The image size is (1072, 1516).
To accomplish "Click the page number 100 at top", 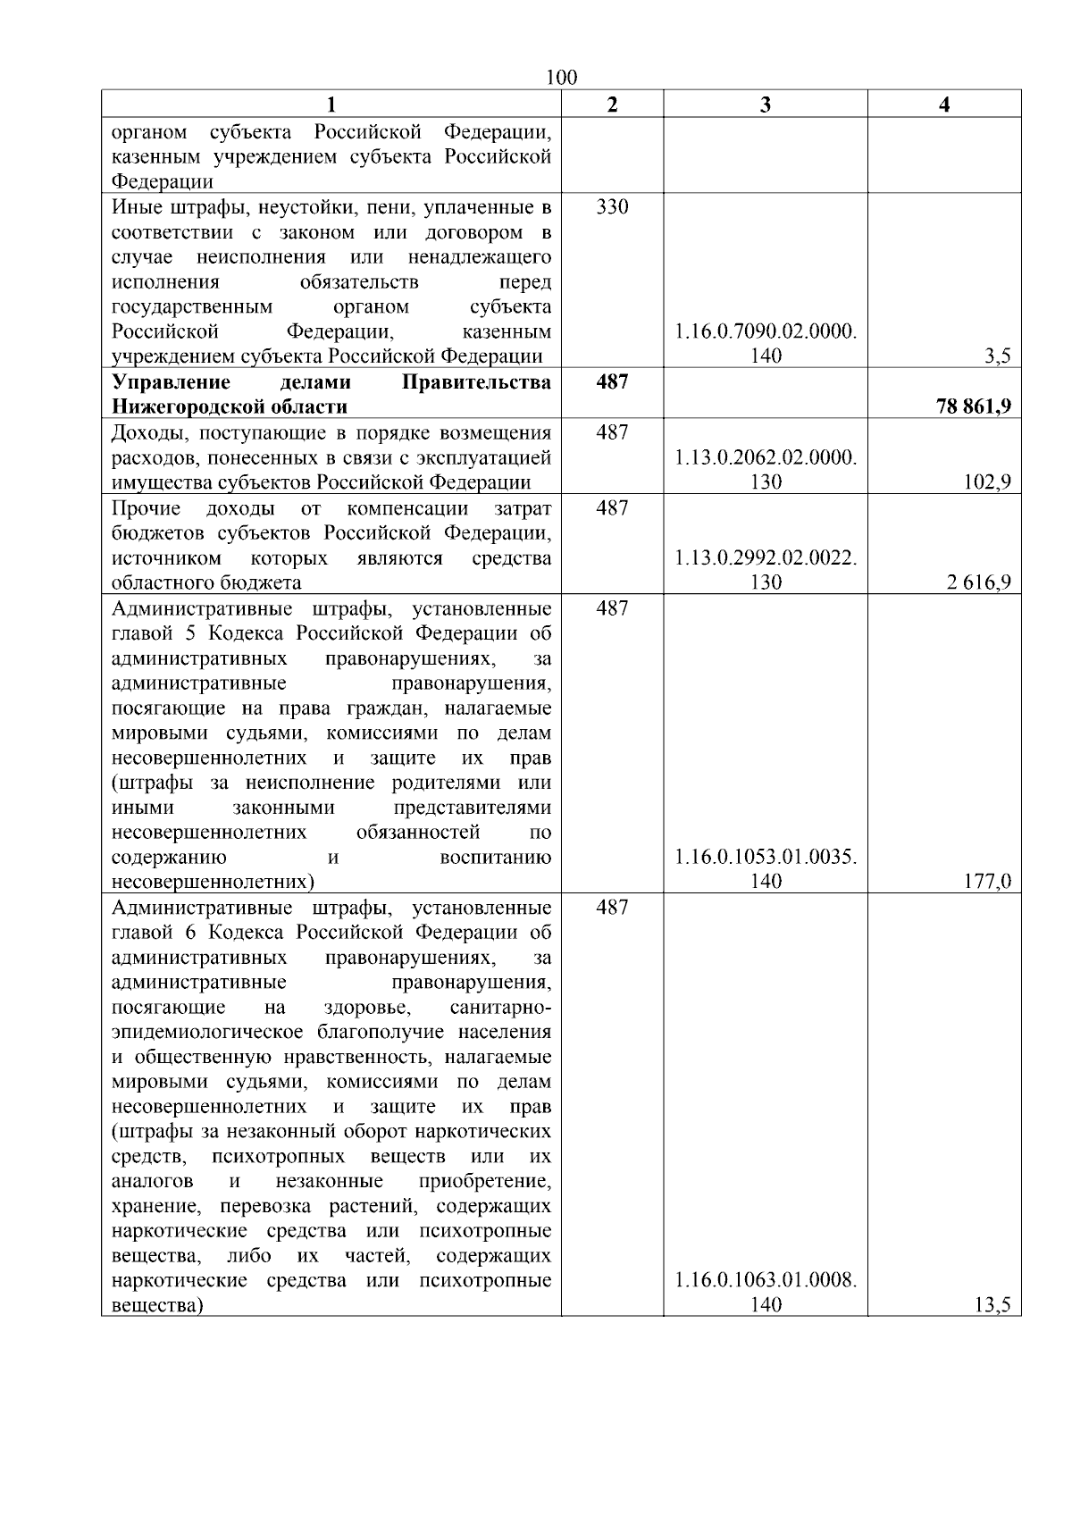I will (561, 78).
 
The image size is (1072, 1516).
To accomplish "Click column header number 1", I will (331, 105).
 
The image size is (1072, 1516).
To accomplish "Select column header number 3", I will (765, 105).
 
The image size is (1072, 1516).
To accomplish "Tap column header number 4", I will (944, 105).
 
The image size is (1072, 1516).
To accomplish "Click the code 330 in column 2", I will (612, 207).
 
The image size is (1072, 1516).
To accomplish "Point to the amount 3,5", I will (997, 356).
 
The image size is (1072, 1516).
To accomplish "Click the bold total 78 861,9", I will (974, 407).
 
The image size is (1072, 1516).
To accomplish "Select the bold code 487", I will (612, 382).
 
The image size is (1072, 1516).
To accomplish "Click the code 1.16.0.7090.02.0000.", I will (766, 331).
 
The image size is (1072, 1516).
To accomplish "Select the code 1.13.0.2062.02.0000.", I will (766, 457).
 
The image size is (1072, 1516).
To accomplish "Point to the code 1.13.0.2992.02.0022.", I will (766, 558).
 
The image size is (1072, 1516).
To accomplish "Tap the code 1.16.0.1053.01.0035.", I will (766, 857).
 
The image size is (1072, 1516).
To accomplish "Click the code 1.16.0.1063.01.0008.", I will (766, 1280).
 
